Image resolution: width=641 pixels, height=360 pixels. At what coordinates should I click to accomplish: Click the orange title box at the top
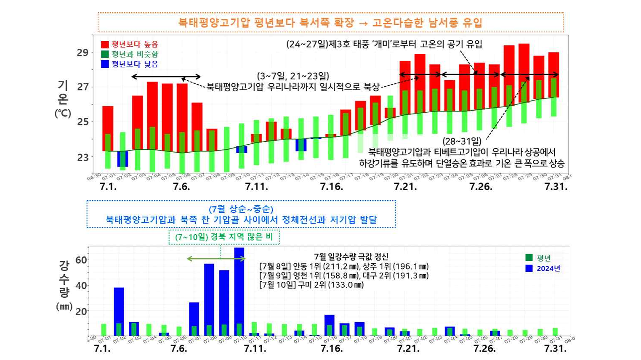(330, 22)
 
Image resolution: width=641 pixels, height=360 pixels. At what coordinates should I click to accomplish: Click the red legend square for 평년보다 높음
(105, 44)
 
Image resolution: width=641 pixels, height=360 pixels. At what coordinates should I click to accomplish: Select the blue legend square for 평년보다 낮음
(105, 64)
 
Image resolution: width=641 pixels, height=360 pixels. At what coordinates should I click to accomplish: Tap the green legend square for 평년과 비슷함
(105, 54)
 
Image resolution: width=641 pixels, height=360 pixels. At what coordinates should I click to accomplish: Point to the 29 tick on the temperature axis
(82, 53)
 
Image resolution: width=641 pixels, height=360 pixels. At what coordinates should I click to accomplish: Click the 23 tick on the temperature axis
(82, 157)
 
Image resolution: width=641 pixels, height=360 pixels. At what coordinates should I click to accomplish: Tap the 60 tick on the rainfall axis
(81, 260)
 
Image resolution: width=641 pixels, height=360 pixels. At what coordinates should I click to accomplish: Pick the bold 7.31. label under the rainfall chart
(555, 349)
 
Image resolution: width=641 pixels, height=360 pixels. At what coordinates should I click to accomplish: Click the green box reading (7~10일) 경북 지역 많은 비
(224, 237)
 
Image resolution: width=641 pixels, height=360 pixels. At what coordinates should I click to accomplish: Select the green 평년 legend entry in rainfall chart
(538, 258)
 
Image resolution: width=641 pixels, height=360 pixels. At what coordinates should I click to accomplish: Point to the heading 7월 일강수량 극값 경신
(351, 257)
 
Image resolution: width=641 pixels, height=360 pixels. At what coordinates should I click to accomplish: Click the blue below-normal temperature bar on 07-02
(122, 159)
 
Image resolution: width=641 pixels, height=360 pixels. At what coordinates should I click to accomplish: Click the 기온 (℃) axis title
(63, 99)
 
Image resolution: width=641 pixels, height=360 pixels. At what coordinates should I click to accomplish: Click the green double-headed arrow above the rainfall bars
(216, 259)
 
